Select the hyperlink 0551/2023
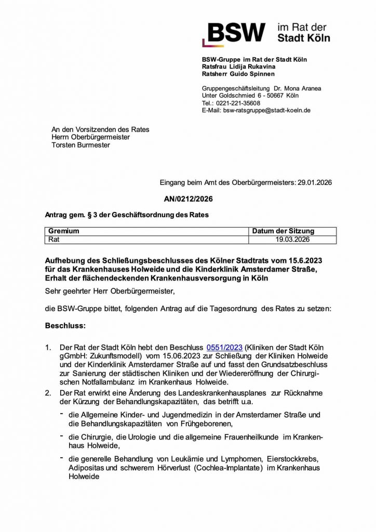[224, 347]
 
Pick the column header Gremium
[64, 232]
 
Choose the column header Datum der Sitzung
[283, 232]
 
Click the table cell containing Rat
[54, 240]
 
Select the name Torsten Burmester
[80, 145]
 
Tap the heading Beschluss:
[65, 327]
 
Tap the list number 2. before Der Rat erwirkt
[48, 393]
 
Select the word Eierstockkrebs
[293, 460]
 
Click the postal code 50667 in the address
[275, 96]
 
